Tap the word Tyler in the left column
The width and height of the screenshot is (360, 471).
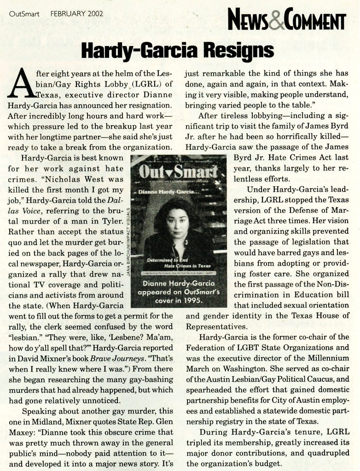click(x=113, y=222)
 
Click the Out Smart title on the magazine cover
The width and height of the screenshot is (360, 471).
click(x=178, y=172)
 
